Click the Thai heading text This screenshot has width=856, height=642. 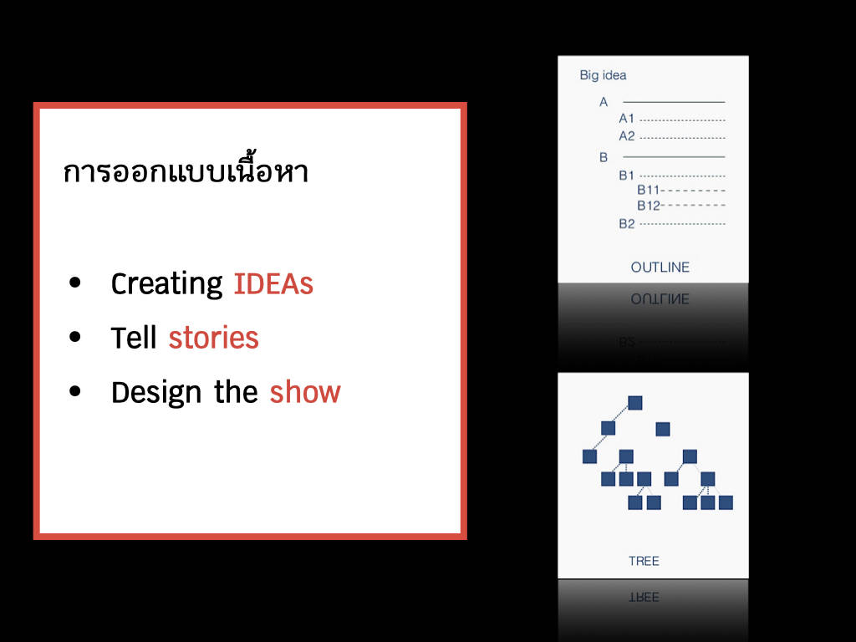[186, 168]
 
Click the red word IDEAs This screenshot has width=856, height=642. [273, 284]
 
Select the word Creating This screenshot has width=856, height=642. [166, 284]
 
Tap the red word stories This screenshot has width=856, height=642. [213, 338]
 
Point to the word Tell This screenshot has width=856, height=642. [134, 338]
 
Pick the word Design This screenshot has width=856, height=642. [156, 393]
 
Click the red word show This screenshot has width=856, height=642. [305, 392]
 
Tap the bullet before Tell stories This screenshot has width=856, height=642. [75, 337]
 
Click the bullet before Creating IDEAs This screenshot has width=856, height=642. [75, 283]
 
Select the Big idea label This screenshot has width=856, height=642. [603, 75]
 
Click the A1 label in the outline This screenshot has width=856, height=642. [627, 119]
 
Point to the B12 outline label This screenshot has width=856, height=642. [649, 206]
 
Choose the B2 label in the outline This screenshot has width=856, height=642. [627, 224]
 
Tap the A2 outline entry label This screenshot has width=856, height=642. [627, 136]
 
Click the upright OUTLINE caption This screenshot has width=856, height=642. [660, 267]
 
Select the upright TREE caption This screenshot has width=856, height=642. [644, 561]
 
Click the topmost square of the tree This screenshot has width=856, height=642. [635, 403]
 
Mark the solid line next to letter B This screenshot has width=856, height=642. [674, 156]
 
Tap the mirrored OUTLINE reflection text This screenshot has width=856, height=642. [660, 299]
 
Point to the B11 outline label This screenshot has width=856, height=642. [649, 190]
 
